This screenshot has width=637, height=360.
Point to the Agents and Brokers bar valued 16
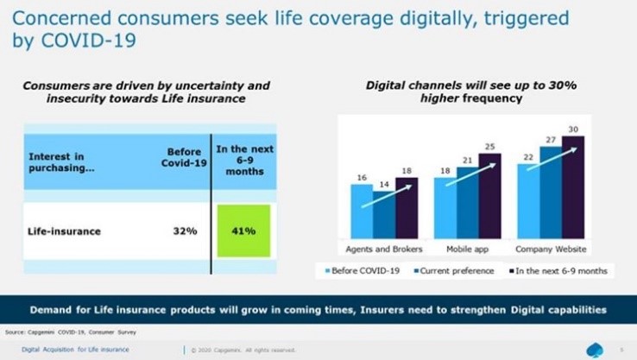(x=362, y=212)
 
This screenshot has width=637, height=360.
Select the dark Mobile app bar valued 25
(x=489, y=196)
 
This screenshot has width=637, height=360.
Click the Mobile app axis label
(x=467, y=249)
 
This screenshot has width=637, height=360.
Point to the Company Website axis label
(x=550, y=249)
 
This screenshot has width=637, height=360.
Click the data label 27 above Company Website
(x=550, y=138)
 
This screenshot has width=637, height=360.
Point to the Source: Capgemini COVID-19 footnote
(x=56, y=331)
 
